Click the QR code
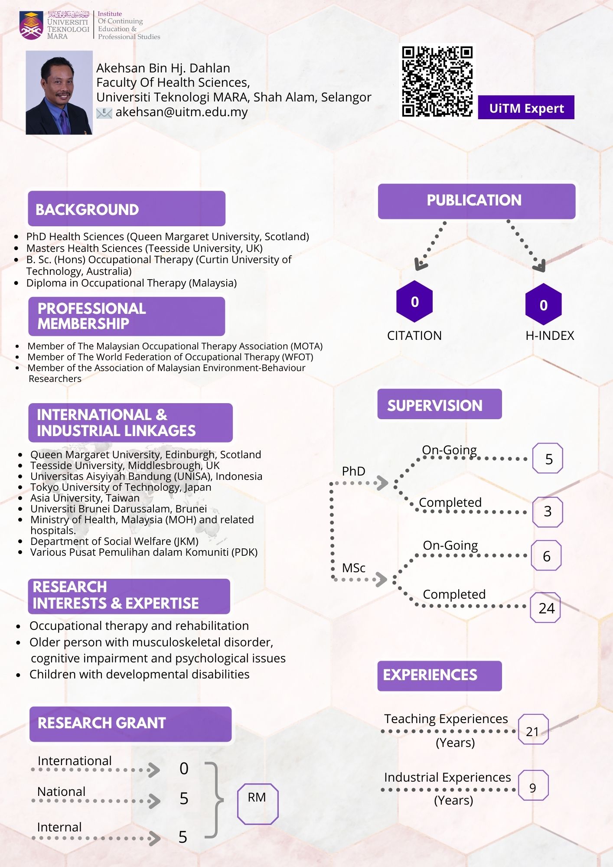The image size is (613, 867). click(437, 81)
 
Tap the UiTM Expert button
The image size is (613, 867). click(526, 108)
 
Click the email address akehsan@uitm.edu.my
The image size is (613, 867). click(182, 112)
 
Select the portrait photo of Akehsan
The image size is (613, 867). click(59, 93)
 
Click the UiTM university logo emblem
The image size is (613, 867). click(32, 26)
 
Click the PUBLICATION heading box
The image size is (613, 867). click(476, 201)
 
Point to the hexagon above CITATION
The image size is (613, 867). click(414, 301)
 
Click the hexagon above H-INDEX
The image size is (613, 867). click(544, 304)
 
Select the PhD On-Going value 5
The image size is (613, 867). click(548, 458)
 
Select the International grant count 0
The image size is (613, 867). click(184, 769)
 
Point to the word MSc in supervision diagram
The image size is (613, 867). click(354, 568)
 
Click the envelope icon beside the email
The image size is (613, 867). click(104, 113)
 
